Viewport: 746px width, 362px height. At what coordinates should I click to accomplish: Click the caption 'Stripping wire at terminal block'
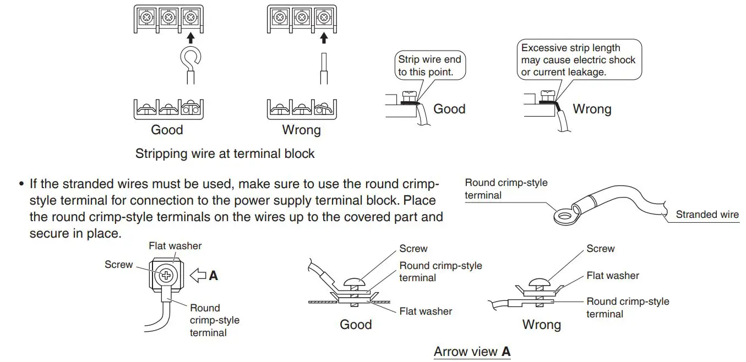click(225, 153)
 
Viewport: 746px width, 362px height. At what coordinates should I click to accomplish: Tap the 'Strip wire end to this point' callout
click(429, 65)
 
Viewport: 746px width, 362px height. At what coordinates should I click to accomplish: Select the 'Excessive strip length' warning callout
click(578, 60)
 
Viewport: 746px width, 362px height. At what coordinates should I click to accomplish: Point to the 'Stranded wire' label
click(707, 215)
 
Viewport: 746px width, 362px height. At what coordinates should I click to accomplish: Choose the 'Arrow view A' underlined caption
click(472, 352)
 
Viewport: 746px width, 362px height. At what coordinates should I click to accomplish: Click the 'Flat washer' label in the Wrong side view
click(612, 275)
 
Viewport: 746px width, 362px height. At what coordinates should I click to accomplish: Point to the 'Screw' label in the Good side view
click(413, 249)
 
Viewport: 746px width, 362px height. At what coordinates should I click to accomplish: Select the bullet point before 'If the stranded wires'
click(22, 184)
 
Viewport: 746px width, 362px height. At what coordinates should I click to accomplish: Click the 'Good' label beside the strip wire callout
click(449, 109)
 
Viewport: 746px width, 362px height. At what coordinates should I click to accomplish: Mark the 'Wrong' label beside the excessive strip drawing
click(592, 109)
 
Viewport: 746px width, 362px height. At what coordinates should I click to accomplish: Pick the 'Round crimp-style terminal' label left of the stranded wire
click(506, 189)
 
